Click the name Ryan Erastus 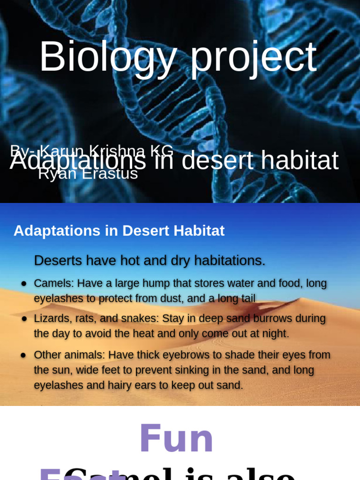coord(88,174)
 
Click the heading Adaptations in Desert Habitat coord(119,231)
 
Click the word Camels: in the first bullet coord(53,284)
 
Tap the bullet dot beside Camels coord(23,284)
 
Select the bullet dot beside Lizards coord(23,319)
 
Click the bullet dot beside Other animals coord(23,355)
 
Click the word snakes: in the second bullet coord(140,319)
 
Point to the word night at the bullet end coord(275,334)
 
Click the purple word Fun coord(176,439)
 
